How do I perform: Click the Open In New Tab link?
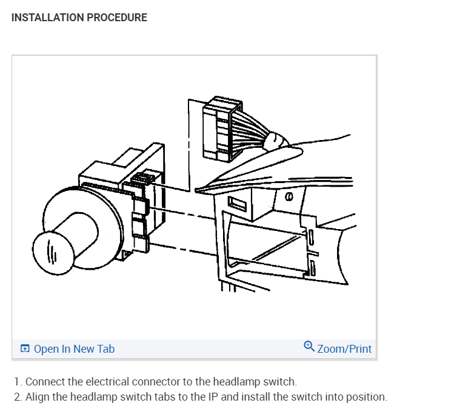tap(74, 349)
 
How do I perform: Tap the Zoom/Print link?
tap(344, 349)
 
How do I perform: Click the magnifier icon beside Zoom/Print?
tap(309, 347)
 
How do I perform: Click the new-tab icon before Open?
tap(25, 349)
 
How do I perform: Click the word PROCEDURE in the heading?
tap(117, 18)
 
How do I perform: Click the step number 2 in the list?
tap(17, 398)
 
